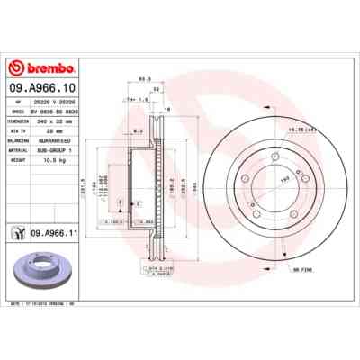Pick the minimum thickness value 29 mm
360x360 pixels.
pos(53,130)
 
